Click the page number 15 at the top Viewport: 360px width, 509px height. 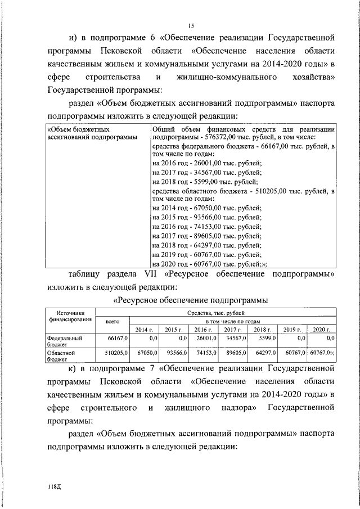click(191, 26)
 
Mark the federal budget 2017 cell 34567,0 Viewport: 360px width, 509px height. click(236, 339)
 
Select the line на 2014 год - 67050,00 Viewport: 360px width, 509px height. click(207, 208)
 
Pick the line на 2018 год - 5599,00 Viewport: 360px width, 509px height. click(205, 181)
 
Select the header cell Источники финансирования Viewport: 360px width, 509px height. click(70, 317)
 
